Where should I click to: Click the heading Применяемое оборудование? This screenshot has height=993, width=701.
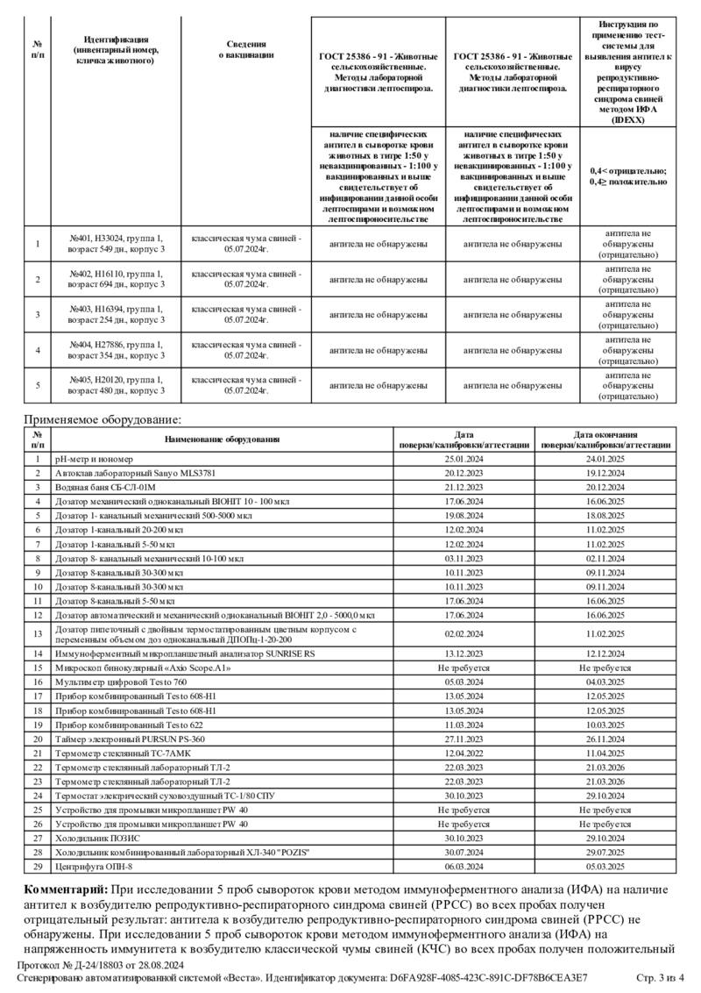click(102, 420)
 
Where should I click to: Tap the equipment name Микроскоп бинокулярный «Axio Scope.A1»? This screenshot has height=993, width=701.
click(144, 668)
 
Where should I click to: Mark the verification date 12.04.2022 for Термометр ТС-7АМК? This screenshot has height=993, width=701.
click(464, 753)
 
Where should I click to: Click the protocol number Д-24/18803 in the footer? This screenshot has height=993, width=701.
click(87, 965)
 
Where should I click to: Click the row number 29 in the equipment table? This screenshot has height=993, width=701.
click(37, 867)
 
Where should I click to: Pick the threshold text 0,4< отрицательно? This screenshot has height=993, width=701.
click(628, 170)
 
